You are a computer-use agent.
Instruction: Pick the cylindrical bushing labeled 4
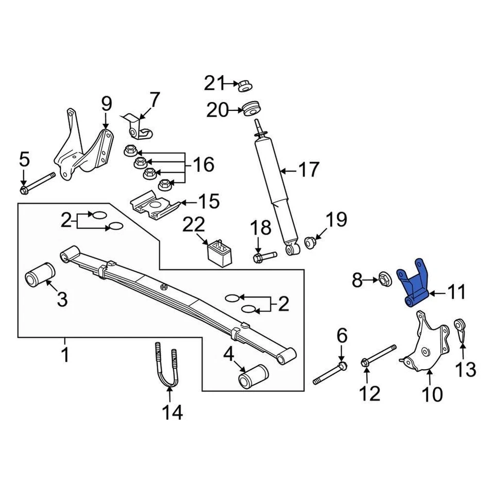click(x=253, y=376)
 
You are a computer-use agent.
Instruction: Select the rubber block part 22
click(x=219, y=252)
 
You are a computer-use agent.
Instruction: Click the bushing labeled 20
click(x=251, y=109)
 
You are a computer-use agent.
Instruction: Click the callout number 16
click(x=203, y=165)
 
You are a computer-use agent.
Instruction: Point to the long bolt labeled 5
click(x=39, y=184)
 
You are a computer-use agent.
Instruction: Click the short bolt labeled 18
click(x=264, y=255)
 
